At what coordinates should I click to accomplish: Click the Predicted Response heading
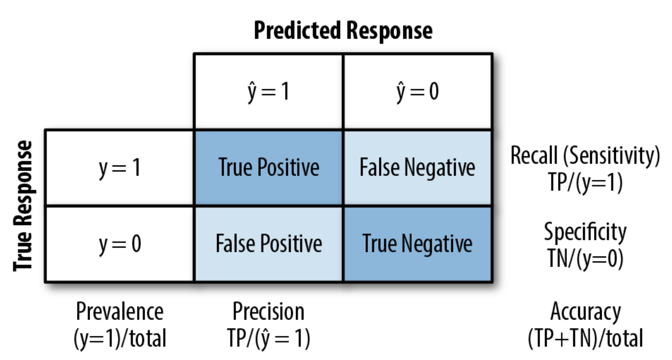pyautogui.click(x=343, y=30)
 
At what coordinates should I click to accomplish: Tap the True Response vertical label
pyautogui.click(x=23, y=206)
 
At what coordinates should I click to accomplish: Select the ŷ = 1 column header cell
pyautogui.click(x=268, y=92)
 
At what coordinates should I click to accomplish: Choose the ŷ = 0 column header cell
pyautogui.click(x=417, y=92)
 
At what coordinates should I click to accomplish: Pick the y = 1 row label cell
pyautogui.click(x=119, y=168)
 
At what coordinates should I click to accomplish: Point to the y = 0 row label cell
pyautogui.click(x=119, y=244)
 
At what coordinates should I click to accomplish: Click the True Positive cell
pyautogui.click(x=268, y=168)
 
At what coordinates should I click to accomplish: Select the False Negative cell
pyautogui.click(x=417, y=168)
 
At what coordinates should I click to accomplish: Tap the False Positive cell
pyautogui.click(x=268, y=244)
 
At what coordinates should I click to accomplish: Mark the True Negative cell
pyautogui.click(x=417, y=244)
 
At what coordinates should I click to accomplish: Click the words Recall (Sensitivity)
pyautogui.click(x=585, y=156)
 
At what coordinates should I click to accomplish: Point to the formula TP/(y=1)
pyautogui.click(x=585, y=182)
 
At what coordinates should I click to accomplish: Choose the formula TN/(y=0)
pyautogui.click(x=585, y=258)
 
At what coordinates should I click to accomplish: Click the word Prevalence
pyautogui.click(x=119, y=312)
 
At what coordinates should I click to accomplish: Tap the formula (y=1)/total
pyautogui.click(x=119, y=338)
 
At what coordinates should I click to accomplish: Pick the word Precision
pyautogui.click(x=268, y=312)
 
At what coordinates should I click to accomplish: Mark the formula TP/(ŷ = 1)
pyautogui.click(x=268, y=338)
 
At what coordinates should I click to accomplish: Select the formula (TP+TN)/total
pyautogui.click(x=585, y=338)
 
